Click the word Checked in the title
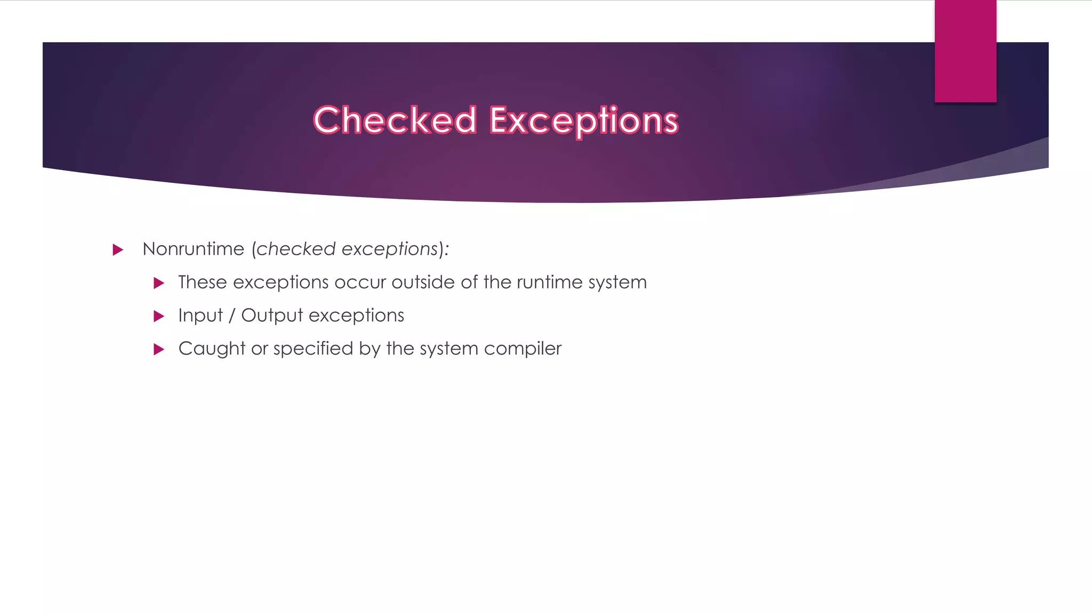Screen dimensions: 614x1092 click(395, 120)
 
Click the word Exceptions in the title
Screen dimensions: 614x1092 click(584, 120)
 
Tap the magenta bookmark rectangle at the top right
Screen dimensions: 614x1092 click(965, 51)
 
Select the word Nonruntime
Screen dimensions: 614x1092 click(194, 249)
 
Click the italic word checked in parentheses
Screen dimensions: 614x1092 click(296, 249)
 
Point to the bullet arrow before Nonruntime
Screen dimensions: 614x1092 click(118, 249)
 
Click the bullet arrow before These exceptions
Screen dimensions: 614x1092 click(158, 283)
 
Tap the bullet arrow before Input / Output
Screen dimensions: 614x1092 click(158, 316)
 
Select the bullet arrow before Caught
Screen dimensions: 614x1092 click(158, 349)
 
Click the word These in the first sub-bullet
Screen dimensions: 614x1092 click(203, 282)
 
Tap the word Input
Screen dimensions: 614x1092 click(200, 316)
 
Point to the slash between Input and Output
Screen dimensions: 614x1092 click(232, 316)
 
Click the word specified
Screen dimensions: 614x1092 click(314, 349)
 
